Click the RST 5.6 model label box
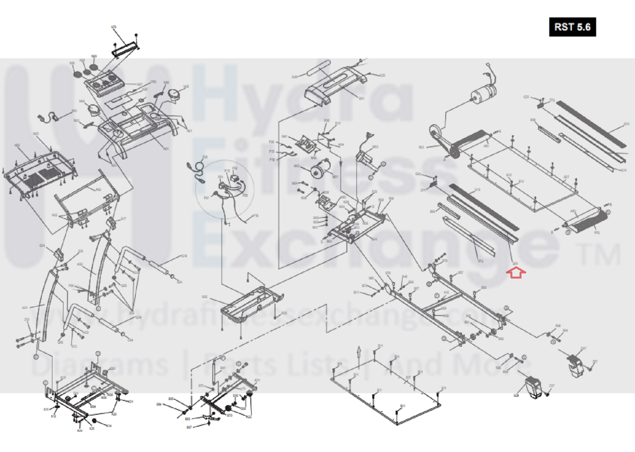tap(572, 27)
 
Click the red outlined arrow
tap(516, 272)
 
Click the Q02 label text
tap(205, 297)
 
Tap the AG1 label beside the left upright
tap(25, 308)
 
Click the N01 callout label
tap(166, 149)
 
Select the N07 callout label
tap(139, 85)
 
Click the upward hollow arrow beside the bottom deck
tap(359, 352)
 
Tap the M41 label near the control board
tap(284, 137)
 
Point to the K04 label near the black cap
tap(108, 426)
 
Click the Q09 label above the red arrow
tap(515, 263)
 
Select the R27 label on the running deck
tap(566, 177)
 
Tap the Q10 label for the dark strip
tap(626, 124)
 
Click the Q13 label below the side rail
tap(481, 261)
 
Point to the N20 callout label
tap(36, 134)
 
